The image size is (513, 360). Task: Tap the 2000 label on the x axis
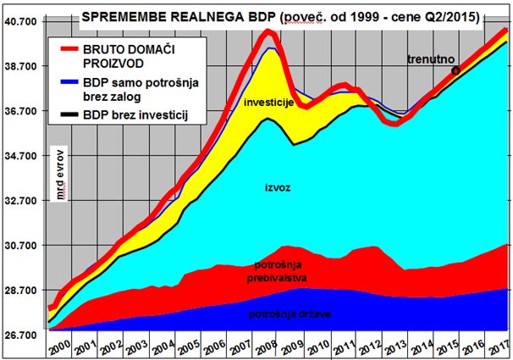pyautogui.click(x=58, y=347)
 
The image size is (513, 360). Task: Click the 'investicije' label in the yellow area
pyautogui.click(x=268, y=102)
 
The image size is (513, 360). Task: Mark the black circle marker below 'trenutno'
pyautogui.click(x=456, y=70)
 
